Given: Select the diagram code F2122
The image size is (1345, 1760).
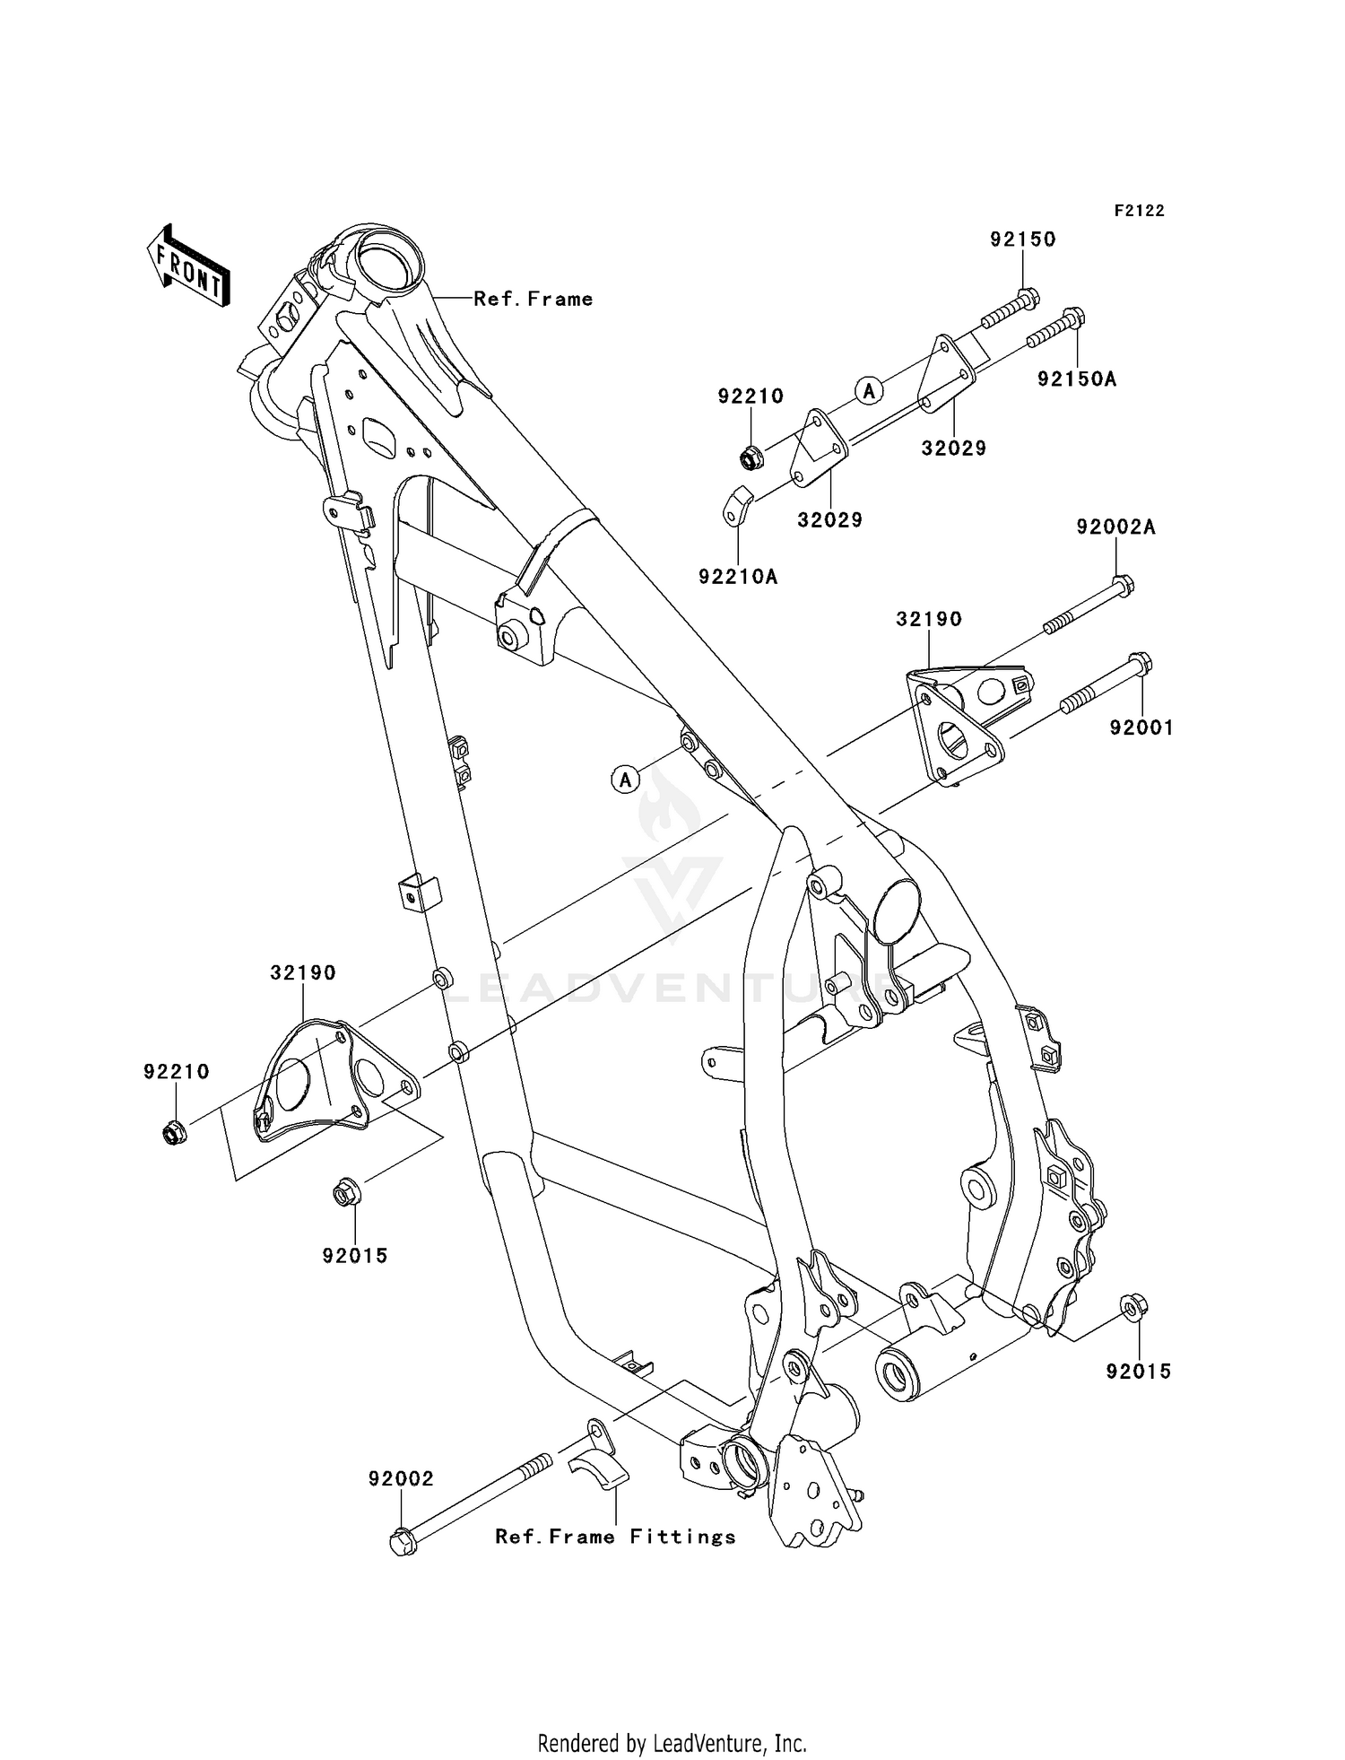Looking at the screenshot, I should [x=1139, y=211].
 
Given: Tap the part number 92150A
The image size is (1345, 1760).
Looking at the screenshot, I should [x=1076, y=379].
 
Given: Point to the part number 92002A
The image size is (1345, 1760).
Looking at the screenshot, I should [x=1115, y=528].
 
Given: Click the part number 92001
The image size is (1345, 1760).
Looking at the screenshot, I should [x=1141, y=728].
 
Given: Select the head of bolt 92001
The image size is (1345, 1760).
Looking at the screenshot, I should [x=1140, y=666].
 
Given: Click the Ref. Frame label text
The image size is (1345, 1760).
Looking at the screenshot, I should [x=534, y=299].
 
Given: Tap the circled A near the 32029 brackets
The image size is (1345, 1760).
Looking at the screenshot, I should [x=868, y=390].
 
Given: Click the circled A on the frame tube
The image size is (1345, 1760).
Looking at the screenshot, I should [x=626, y=780].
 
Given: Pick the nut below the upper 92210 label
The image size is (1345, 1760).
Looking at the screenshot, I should [x=749, y=458].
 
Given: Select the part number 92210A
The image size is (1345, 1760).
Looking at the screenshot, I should [x=738, y=577].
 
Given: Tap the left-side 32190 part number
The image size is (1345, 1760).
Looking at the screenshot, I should [x=303, y=973].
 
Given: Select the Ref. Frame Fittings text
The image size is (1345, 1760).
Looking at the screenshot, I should [x=615, y=1537].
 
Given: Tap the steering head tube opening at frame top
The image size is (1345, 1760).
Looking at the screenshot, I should [x=387, y=261].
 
